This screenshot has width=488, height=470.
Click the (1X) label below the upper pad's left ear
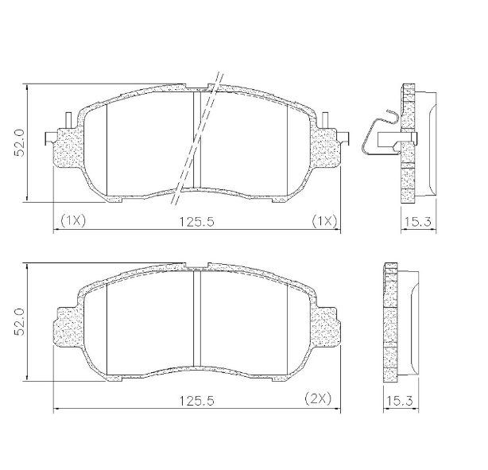[72, 219]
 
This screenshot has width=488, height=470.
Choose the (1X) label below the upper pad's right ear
[325, 219]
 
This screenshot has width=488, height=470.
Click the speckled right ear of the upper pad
[326, 150]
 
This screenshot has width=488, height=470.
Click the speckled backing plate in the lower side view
[389, 322]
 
